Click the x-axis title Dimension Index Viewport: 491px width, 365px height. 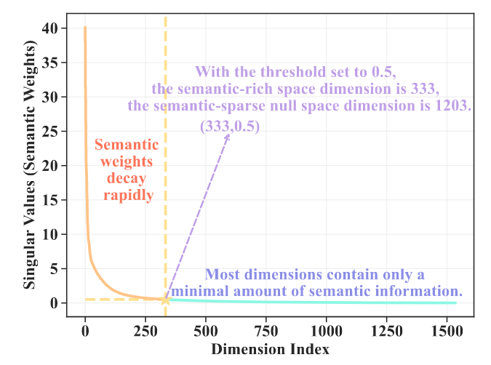coord(270,349)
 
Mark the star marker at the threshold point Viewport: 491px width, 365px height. coord(166,300)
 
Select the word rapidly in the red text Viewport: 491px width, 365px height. coord(128,196)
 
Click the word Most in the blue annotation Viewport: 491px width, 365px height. coord(223,275)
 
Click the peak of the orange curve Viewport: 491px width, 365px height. coord(85,28)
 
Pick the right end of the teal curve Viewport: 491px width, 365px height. coord(455,302)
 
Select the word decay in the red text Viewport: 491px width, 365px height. coord(128,178)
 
